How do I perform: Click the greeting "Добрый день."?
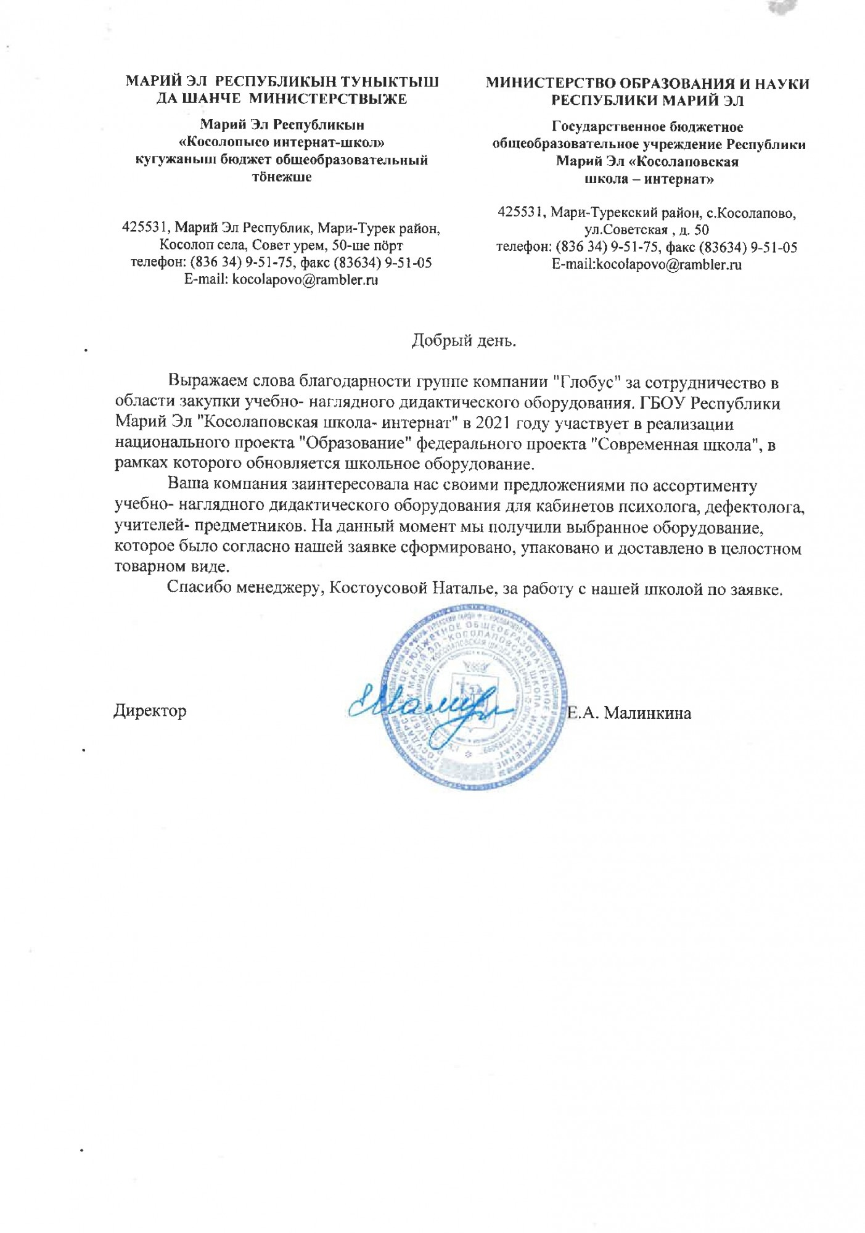coord(464,340)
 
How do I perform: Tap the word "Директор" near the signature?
coord(150,711)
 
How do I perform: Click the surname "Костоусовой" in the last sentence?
coord(376,588)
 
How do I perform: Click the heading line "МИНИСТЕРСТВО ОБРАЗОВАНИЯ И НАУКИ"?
coord(647,84)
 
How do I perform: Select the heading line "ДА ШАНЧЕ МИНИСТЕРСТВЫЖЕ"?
coord(282,99)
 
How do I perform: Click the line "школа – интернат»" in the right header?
coord(647,179)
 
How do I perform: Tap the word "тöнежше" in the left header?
coord(282,177)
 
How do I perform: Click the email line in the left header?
coord(282,280)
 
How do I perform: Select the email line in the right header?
coord(647,265)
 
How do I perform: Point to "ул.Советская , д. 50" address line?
coord(647,230)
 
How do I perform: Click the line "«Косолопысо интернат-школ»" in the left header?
coord(282,142)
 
